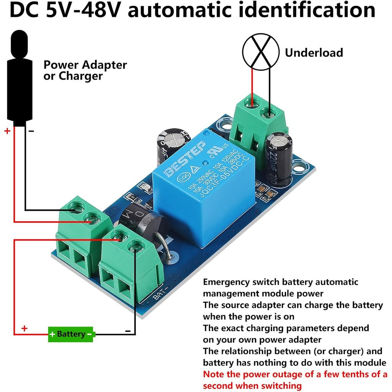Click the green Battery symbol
(71, 334)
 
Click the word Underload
(314, 52)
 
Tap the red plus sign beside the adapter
(7, 131)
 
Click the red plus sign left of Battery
(24, 328)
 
